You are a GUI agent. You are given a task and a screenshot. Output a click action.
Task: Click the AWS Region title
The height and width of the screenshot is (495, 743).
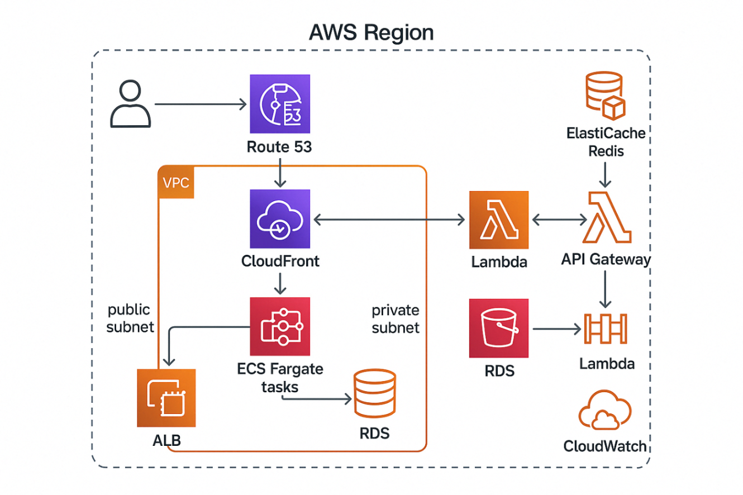371,33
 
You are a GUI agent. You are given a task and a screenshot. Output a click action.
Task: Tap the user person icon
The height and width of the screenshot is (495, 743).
130,104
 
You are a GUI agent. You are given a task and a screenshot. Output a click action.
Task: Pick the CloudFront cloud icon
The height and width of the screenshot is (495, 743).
280,219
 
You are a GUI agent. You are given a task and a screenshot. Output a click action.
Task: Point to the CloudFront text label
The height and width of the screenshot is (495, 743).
280,261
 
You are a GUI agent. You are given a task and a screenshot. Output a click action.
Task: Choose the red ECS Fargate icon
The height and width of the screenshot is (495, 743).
280,327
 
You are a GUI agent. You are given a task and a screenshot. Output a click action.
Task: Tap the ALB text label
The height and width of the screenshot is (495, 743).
166,441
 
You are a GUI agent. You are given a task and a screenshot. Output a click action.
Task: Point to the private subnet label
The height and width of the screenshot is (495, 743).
396,319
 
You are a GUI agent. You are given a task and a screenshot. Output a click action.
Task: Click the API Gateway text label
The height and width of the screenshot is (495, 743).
606,259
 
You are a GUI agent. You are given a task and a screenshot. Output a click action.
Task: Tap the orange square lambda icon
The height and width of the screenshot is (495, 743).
499,220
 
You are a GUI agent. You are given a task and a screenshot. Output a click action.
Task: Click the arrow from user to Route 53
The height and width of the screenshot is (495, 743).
201,104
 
